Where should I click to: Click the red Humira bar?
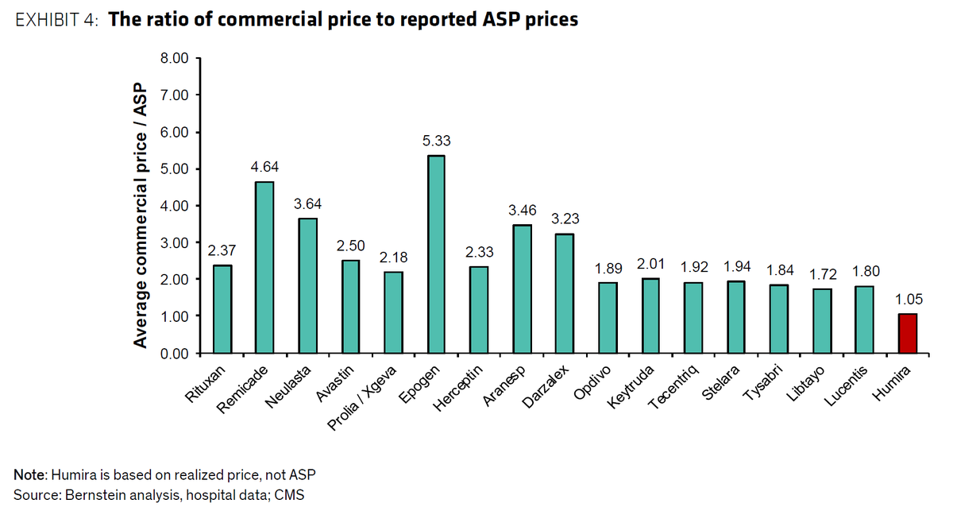pyautogui.click(x=908, y=334)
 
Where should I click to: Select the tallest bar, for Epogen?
pyautogui.click(x=437, y=254)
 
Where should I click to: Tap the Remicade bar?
pyautogui.click(x=264, y=267)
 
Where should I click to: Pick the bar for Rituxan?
pyautogui.click(x=222, y=309)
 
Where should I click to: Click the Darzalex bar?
pyautogui.click(x=565, y=293)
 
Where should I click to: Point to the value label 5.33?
pyautogui.click(x=437, y=141)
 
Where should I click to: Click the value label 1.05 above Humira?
pyautogui.click(x=908, y=299)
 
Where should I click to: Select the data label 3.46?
pyautogui.click(x=522, y=210)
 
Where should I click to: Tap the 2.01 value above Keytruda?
pyautogui.click(x=650, y=263)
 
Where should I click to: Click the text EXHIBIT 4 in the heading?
pyautogui.click(x=54, y=20)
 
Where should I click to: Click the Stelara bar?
pyautogui.click(x=736, y=317)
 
